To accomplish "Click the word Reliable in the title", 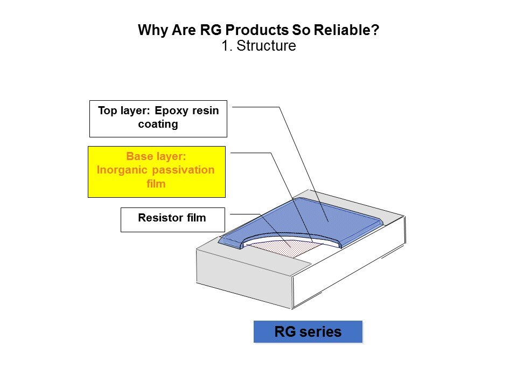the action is [343, 30].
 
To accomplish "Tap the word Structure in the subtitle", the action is [267, 45].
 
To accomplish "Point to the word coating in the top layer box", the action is [158, 124].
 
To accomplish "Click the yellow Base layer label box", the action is [157, 172].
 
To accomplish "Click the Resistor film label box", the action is [173, 220].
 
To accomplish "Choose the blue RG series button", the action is [308, 331].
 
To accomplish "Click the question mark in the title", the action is [376, 30].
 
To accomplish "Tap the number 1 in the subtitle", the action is [226, 45].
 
